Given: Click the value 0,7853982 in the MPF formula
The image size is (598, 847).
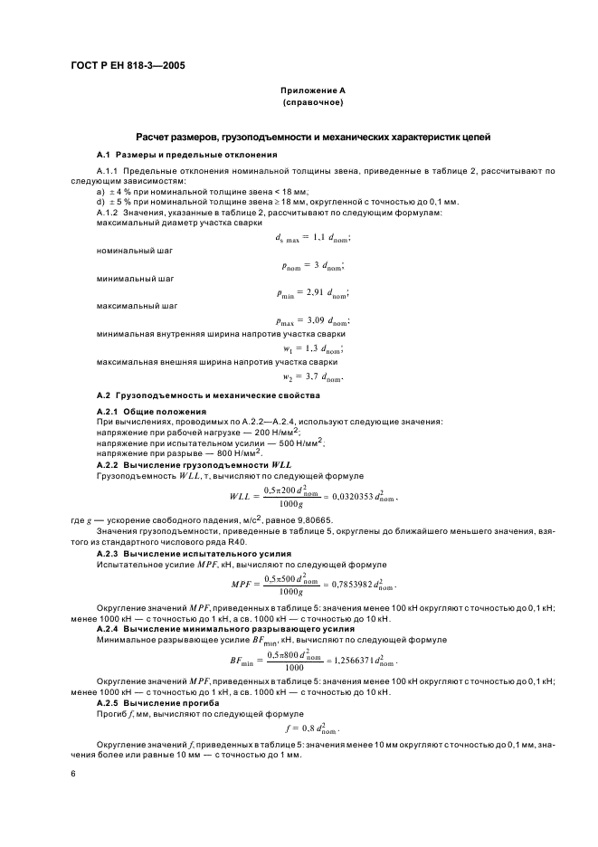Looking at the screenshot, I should (x=331, y=584).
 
